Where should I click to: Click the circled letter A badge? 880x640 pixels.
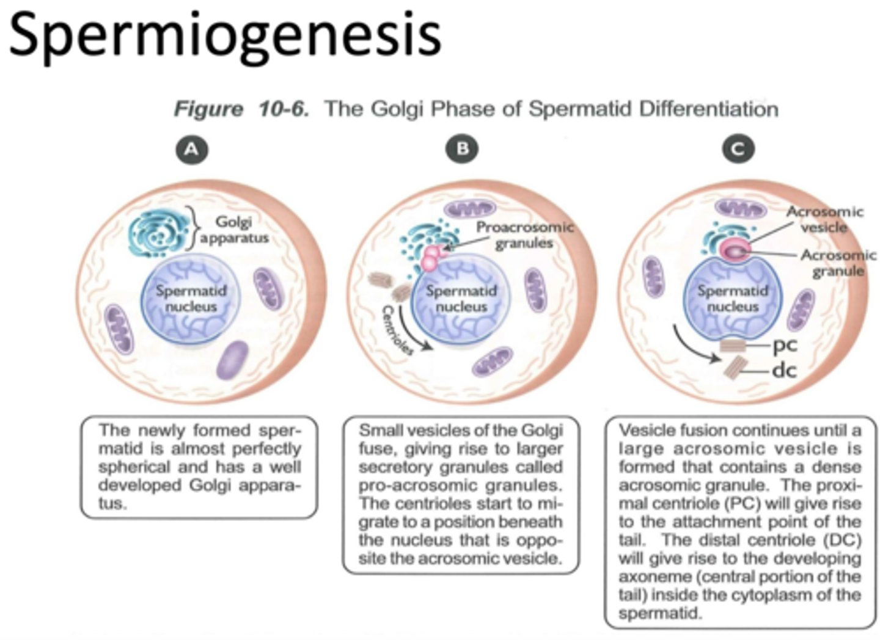[191, 149]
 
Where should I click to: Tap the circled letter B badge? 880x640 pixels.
[462, 149]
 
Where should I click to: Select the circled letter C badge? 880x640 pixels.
[738, 149]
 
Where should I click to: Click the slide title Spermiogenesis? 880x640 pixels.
[225, 35]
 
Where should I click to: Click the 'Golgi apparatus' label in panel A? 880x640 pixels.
[234, 230]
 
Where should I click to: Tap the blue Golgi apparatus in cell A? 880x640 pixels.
[158, 230]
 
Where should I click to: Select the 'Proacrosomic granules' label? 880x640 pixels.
[524, 235]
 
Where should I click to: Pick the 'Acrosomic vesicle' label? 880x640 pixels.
[824, 219]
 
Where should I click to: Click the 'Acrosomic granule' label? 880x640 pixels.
[838, 263]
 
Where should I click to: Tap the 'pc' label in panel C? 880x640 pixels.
[785, 344]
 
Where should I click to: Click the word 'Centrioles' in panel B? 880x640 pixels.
[398, 330]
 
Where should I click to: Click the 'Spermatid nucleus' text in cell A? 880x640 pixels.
[191, 299]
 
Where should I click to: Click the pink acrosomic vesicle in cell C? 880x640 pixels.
[733, 250]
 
